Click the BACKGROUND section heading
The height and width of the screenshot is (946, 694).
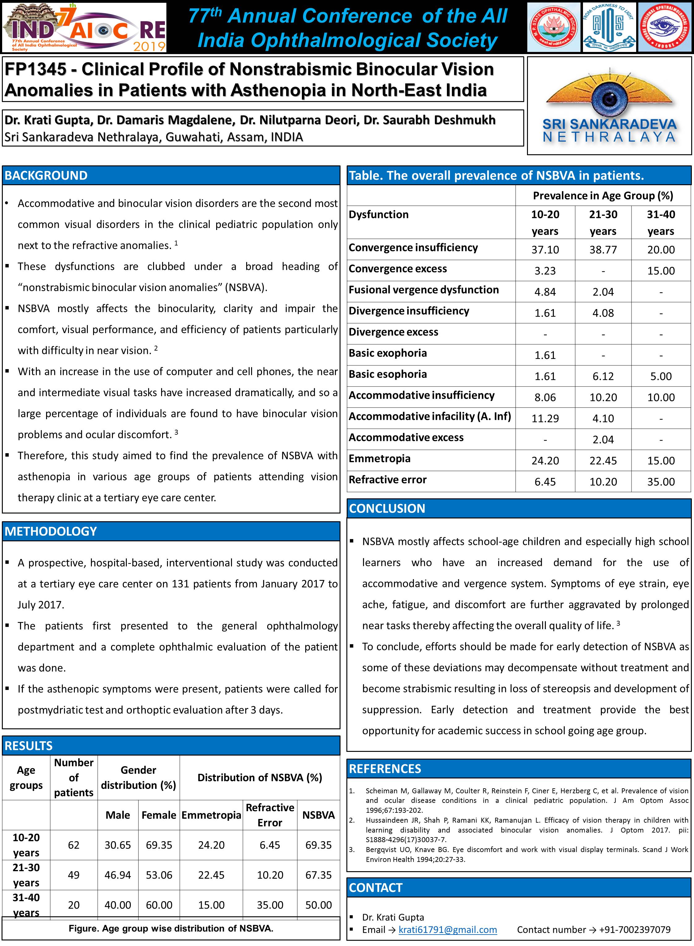point(46,176)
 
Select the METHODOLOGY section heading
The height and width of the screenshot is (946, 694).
point(51,531)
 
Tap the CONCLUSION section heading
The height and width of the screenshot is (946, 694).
point(387,509)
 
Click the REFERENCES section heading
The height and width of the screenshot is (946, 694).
point(385,769)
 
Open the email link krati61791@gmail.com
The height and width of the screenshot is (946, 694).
point(448,930)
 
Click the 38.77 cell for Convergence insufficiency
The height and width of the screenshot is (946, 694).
point(603,250)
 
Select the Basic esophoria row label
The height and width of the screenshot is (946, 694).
point(387,374)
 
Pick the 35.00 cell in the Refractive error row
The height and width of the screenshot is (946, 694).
point(661,482)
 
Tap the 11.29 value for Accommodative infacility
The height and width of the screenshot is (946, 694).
point(545,419)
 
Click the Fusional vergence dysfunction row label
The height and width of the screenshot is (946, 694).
point(423,290)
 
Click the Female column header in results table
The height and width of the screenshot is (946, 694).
point(159,815)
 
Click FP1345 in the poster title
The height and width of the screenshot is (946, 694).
point(35,69)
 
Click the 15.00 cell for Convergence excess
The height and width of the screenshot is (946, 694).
point(661,271)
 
